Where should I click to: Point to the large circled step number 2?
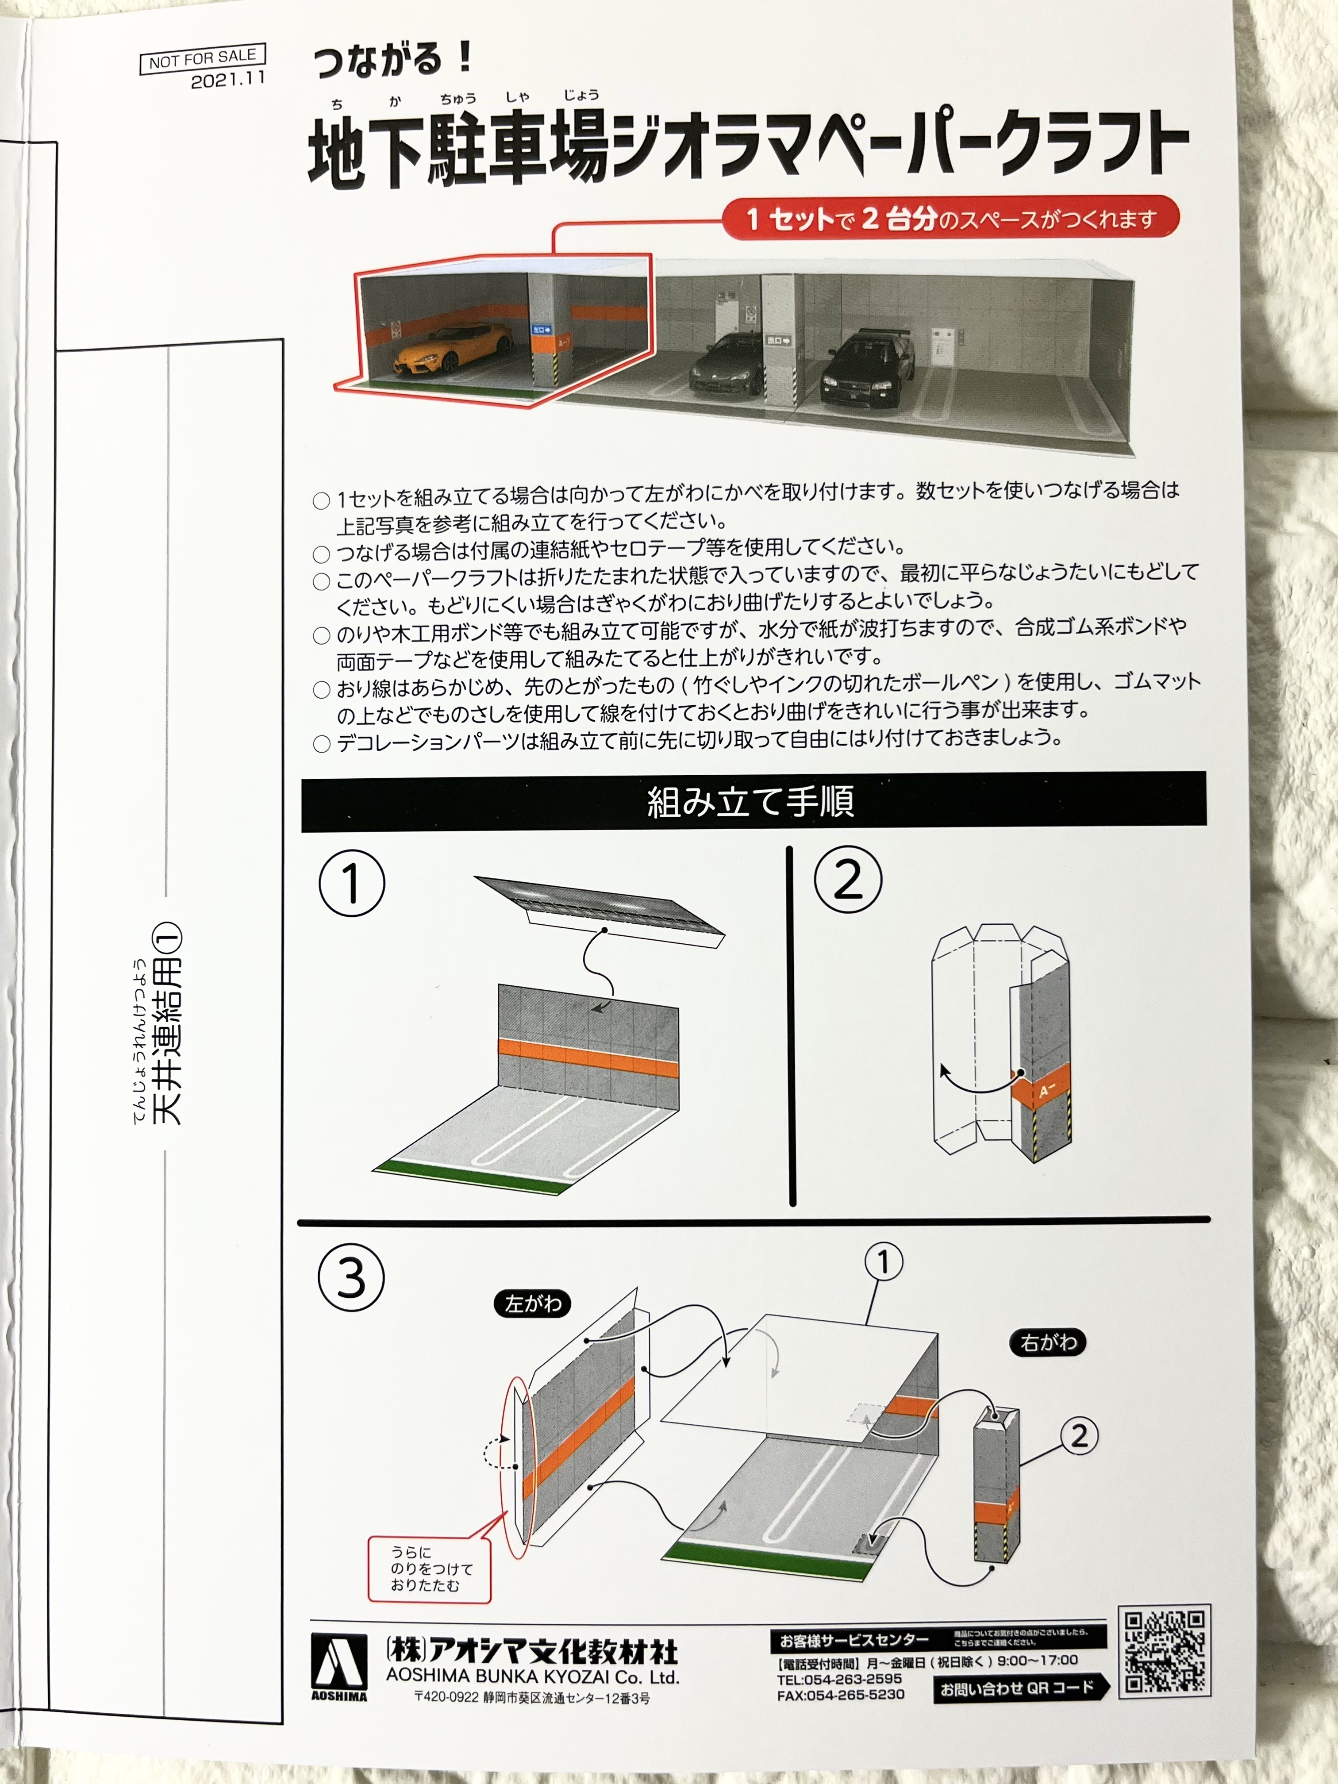(848, 879)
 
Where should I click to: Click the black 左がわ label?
(532, 1303)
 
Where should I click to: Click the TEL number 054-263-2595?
(840, 1678)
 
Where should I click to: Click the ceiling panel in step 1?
(601, 913)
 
